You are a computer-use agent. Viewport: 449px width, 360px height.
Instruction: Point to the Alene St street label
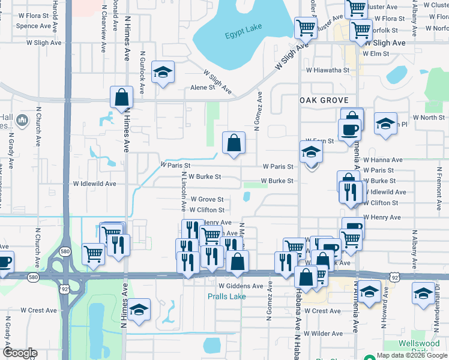point(202,88)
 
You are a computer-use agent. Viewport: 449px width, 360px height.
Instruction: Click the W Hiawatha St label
point(327,70)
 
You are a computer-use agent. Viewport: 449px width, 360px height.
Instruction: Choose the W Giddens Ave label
point(241,286)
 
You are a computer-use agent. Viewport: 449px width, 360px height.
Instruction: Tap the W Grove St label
point(207,199)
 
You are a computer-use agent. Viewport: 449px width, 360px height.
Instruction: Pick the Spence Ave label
point(34,26)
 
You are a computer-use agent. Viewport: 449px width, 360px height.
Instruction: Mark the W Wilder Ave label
point(324,333)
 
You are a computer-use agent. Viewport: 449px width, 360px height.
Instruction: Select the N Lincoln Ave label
point(183,192)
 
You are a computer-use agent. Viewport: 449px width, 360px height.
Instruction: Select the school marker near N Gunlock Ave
point(161,73)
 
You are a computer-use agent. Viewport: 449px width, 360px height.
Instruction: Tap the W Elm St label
point(376,53)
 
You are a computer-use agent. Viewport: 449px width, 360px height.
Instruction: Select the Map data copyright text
point(411,355)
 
